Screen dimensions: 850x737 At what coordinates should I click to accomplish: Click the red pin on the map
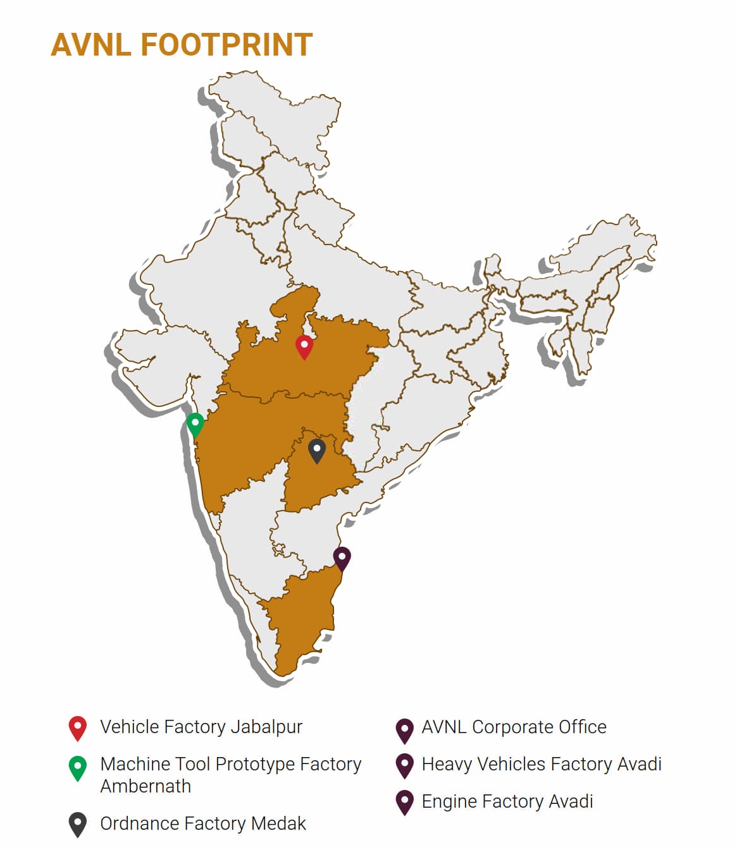coord(304,347)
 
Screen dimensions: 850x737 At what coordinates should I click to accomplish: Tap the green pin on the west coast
coord(195,423)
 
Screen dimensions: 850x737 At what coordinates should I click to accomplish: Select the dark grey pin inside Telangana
coord(316,451)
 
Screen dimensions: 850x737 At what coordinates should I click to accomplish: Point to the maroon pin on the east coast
coord(342,558)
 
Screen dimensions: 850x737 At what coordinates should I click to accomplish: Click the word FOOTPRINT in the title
coord(226,45)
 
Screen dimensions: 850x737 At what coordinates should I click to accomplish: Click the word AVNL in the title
coord(91,45)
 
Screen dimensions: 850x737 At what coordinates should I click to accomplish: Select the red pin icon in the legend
coord(77,727)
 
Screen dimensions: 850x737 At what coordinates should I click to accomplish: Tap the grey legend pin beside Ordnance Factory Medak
coord(77,824)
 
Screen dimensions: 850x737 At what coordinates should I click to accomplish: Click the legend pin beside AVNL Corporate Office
coord(404,730)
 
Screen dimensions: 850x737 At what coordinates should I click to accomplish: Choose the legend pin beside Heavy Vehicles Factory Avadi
coord(404,765)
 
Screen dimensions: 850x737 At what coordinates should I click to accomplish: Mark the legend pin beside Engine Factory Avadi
coord(404,802)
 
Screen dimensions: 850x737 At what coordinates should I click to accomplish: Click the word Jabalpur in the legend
coord(266,727)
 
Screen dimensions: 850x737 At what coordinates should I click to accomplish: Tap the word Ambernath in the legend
coord(146,786)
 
